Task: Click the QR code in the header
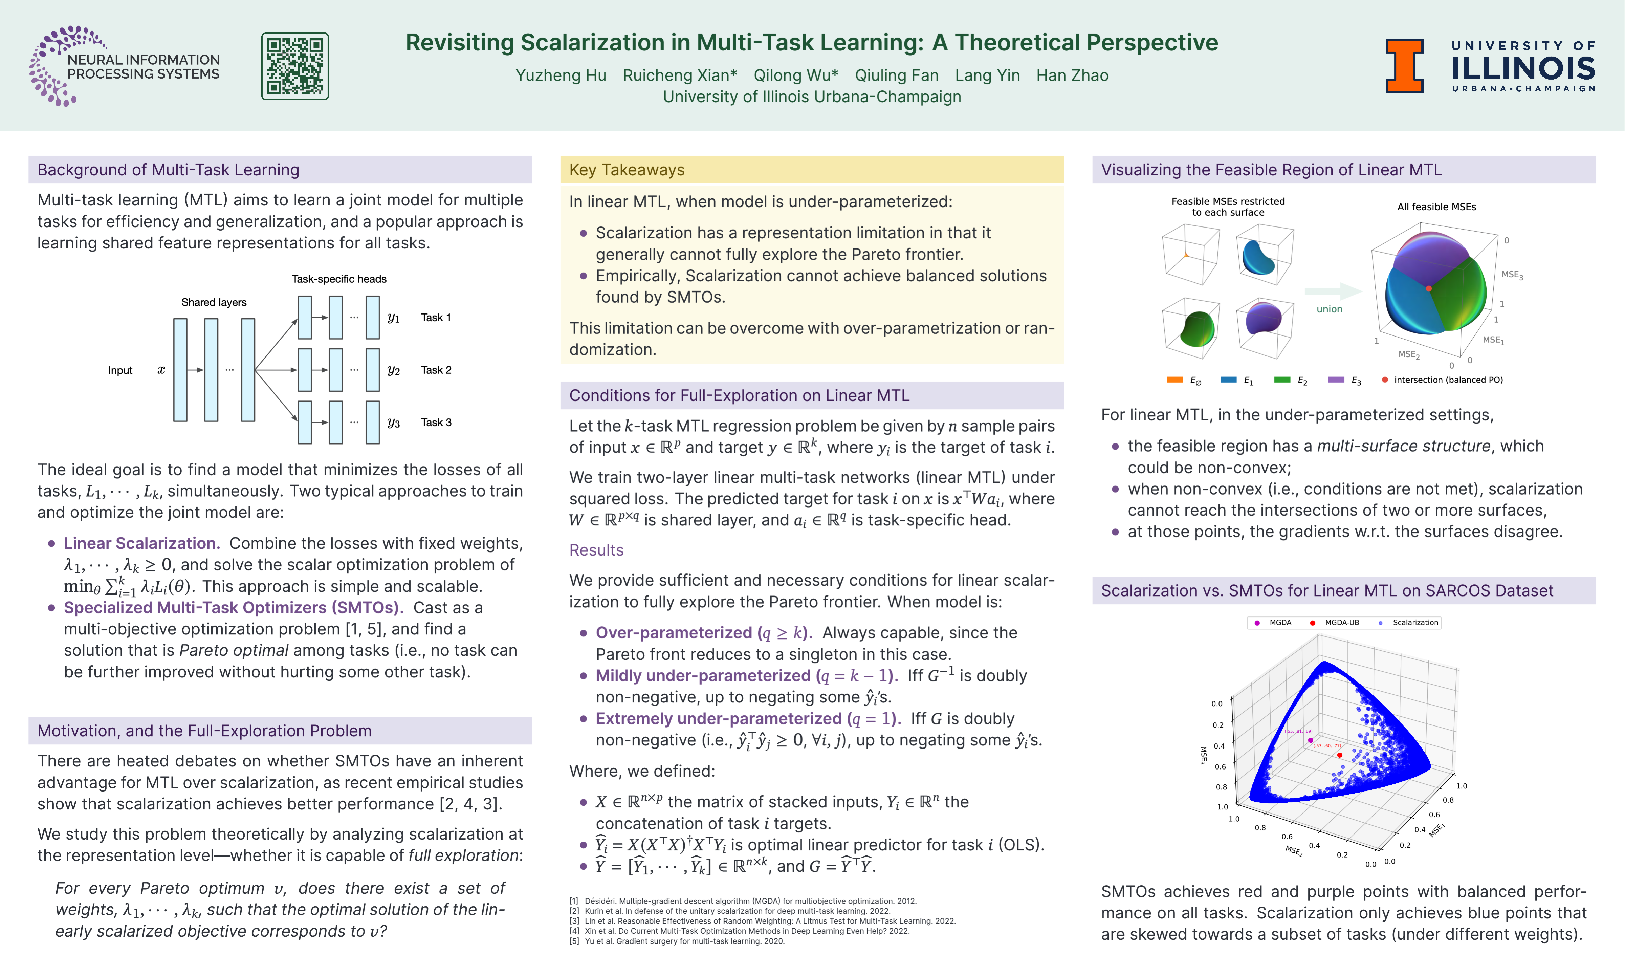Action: point(295,66)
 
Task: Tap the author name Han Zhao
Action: point(1072,75)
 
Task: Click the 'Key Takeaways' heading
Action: point(627,170)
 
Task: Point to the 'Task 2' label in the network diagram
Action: point(436,370)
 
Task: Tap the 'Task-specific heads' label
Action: point(339,279)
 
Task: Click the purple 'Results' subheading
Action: point(596,550)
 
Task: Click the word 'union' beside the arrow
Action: point(1329,309)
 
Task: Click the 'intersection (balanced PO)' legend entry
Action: point(1448,380)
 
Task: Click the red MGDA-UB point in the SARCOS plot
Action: point(1339,755)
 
